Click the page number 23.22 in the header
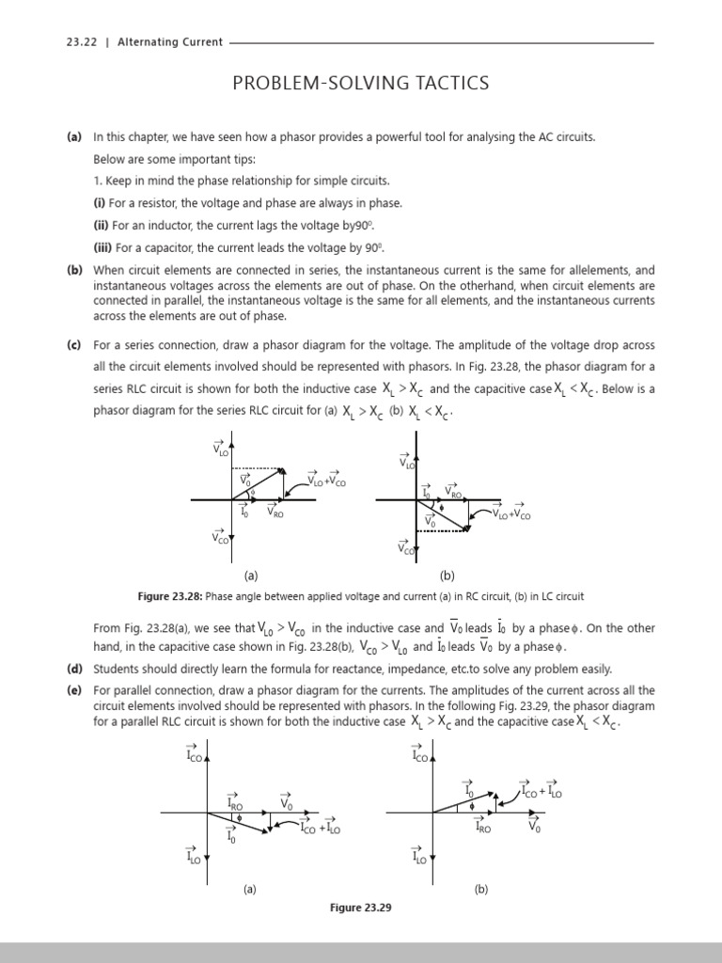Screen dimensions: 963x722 [x=81, y=41]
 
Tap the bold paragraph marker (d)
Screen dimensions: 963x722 [x=73, y=670]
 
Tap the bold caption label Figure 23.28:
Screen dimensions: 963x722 [x=170, y=596]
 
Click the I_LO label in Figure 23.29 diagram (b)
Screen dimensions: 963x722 [x=419, y=856]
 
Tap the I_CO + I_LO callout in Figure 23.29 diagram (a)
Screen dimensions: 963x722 [x=321, y=827]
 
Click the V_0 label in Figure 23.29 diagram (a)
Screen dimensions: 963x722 [x=287, y=803]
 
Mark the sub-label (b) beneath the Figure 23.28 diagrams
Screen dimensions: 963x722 [x=447, y=576]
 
